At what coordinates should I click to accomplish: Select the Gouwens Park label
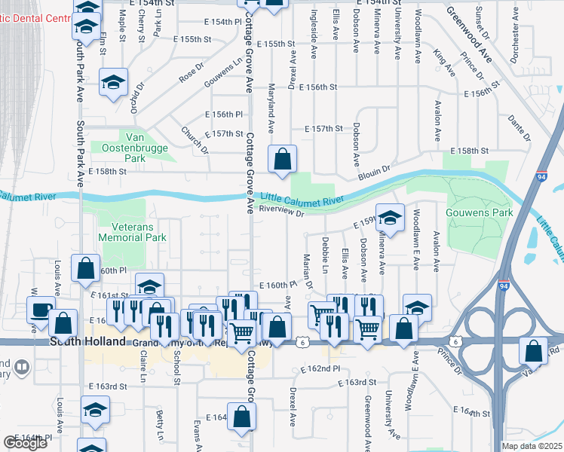coord(480,213)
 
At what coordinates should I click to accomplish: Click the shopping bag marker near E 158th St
coord(283,160)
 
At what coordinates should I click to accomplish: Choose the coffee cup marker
coord(40,310)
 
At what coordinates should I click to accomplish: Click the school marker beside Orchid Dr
coord(114,83)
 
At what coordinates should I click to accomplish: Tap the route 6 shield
coord(302,342)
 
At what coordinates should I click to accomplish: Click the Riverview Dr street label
coord(280,213)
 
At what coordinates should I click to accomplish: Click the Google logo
coord(25,443)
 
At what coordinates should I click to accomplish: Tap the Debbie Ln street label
coord(325,254)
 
